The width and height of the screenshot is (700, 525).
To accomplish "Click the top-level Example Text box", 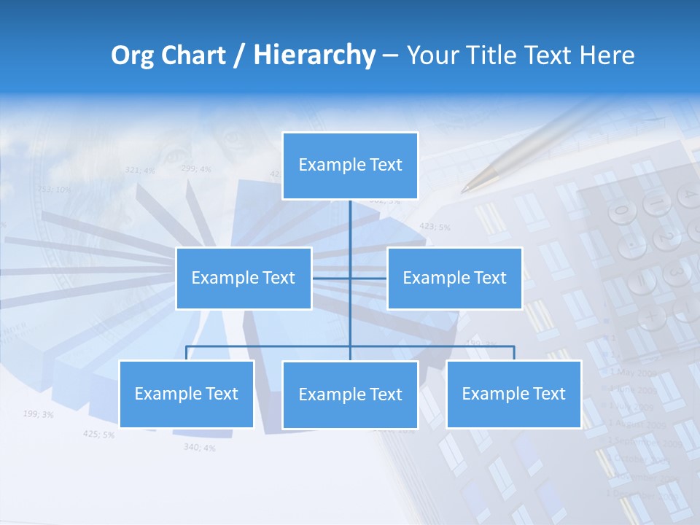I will click(x=350, y=166).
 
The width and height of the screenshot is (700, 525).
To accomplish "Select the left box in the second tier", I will click(x=244, y=278).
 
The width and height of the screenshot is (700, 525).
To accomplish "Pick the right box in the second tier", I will click(x=454, y=278).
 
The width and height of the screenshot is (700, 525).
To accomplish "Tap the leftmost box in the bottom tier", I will click(x=187, y=394).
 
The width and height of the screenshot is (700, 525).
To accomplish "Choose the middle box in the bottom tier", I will click(x=350, y=394).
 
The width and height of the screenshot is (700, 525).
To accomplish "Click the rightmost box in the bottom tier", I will click(x=513, y=394).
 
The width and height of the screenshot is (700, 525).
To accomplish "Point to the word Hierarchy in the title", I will click(x=314, y=55).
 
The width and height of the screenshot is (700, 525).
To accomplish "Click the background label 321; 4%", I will click(x=140, y=170).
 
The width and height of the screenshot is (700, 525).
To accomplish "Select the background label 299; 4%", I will click(x=195, y=169).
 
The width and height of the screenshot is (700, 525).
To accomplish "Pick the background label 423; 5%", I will click(x=435, y=227).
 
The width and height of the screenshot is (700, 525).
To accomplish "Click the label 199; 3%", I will click(x=38, y=414).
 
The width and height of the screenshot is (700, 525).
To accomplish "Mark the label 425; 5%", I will click(x=98, y=435).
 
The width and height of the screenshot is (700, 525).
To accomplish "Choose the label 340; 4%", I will click(x=199, y=447).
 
